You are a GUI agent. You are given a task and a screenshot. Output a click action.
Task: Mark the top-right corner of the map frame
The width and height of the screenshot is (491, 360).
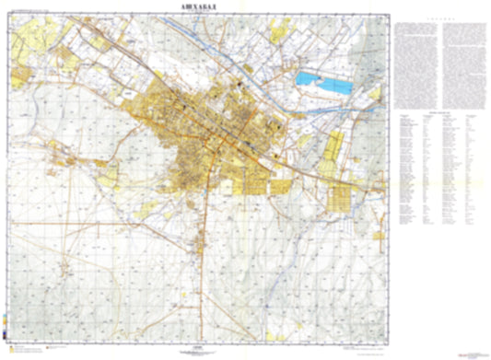click(387, 15)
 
